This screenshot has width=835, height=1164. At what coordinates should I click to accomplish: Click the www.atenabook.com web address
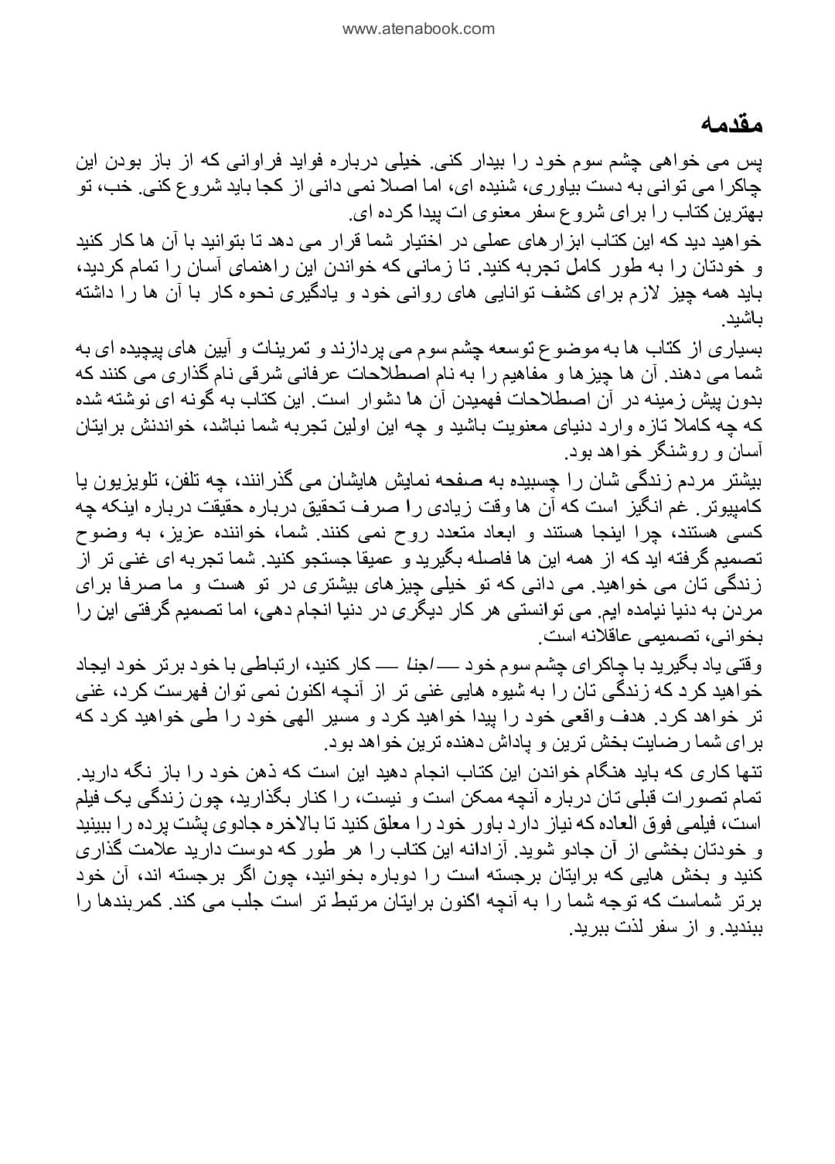tap(417, 29)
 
